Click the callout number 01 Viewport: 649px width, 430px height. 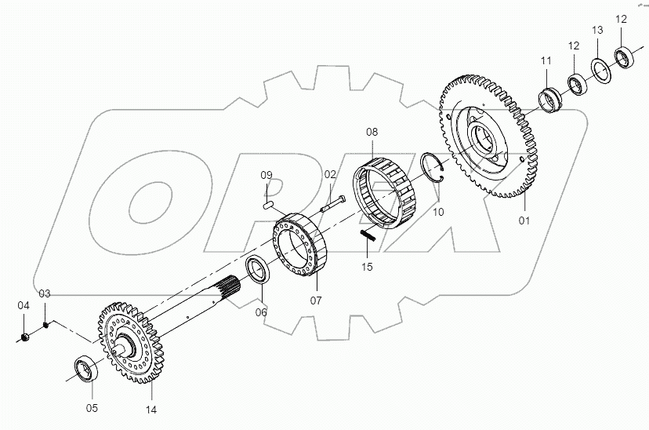click(x=524, y=220)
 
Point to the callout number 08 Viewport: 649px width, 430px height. click(x=372, y=133)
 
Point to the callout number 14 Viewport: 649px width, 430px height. click(x=151, y=410)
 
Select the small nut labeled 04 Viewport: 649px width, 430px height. click(x=24, y=337)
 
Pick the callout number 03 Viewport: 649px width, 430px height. click(x=45, y=293)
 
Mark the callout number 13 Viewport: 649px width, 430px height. click(x=597, y=30)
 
